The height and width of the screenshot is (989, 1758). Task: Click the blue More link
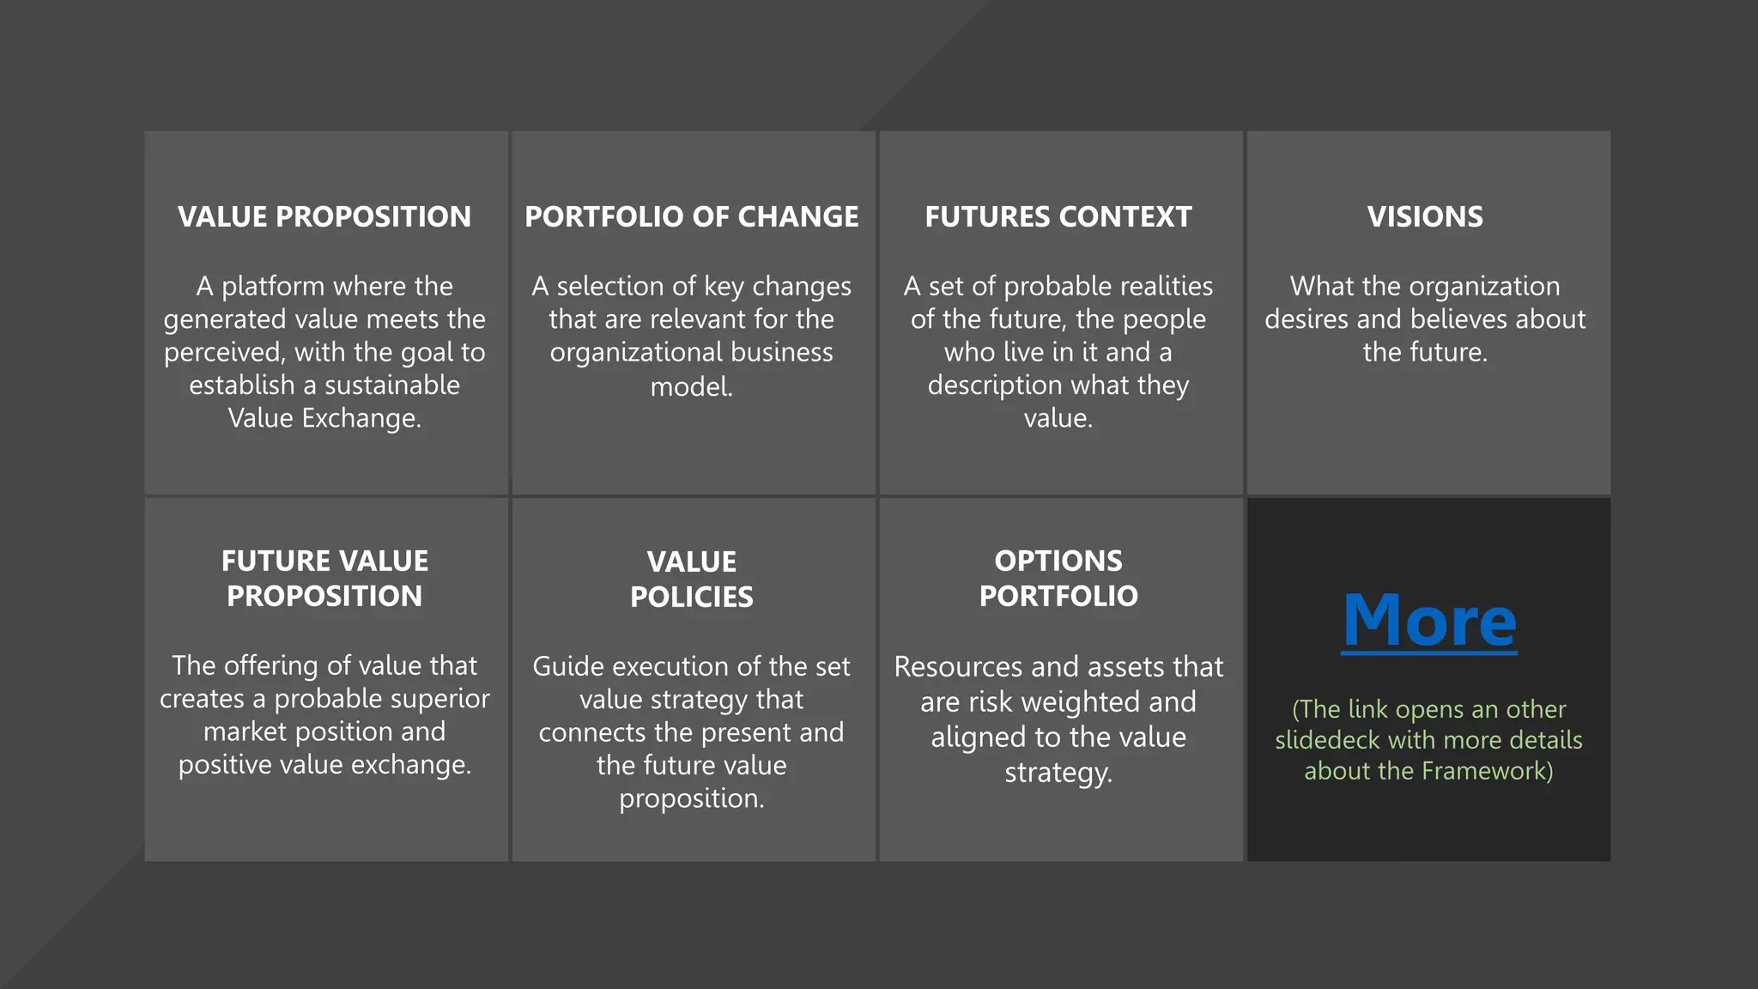point(1429,621)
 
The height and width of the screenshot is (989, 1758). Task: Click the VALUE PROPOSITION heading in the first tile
point(324,216)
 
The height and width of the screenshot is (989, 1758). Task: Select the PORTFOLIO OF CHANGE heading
point(692,216)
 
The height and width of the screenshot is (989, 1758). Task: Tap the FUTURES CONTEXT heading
point(1058,216)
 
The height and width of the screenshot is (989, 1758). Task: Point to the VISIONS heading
point(1425,216)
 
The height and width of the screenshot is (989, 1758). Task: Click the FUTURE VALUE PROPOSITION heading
point(324,578)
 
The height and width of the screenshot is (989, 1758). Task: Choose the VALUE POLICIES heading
point(692,579)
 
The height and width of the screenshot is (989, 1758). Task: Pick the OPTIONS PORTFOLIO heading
point(1058,578)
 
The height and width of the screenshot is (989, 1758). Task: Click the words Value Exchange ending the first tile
point(324,418)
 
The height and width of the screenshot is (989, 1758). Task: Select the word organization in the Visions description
point(1484,286)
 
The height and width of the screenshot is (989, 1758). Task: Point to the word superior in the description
point(438,699)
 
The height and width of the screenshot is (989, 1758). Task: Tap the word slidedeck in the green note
point(1327,740)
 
